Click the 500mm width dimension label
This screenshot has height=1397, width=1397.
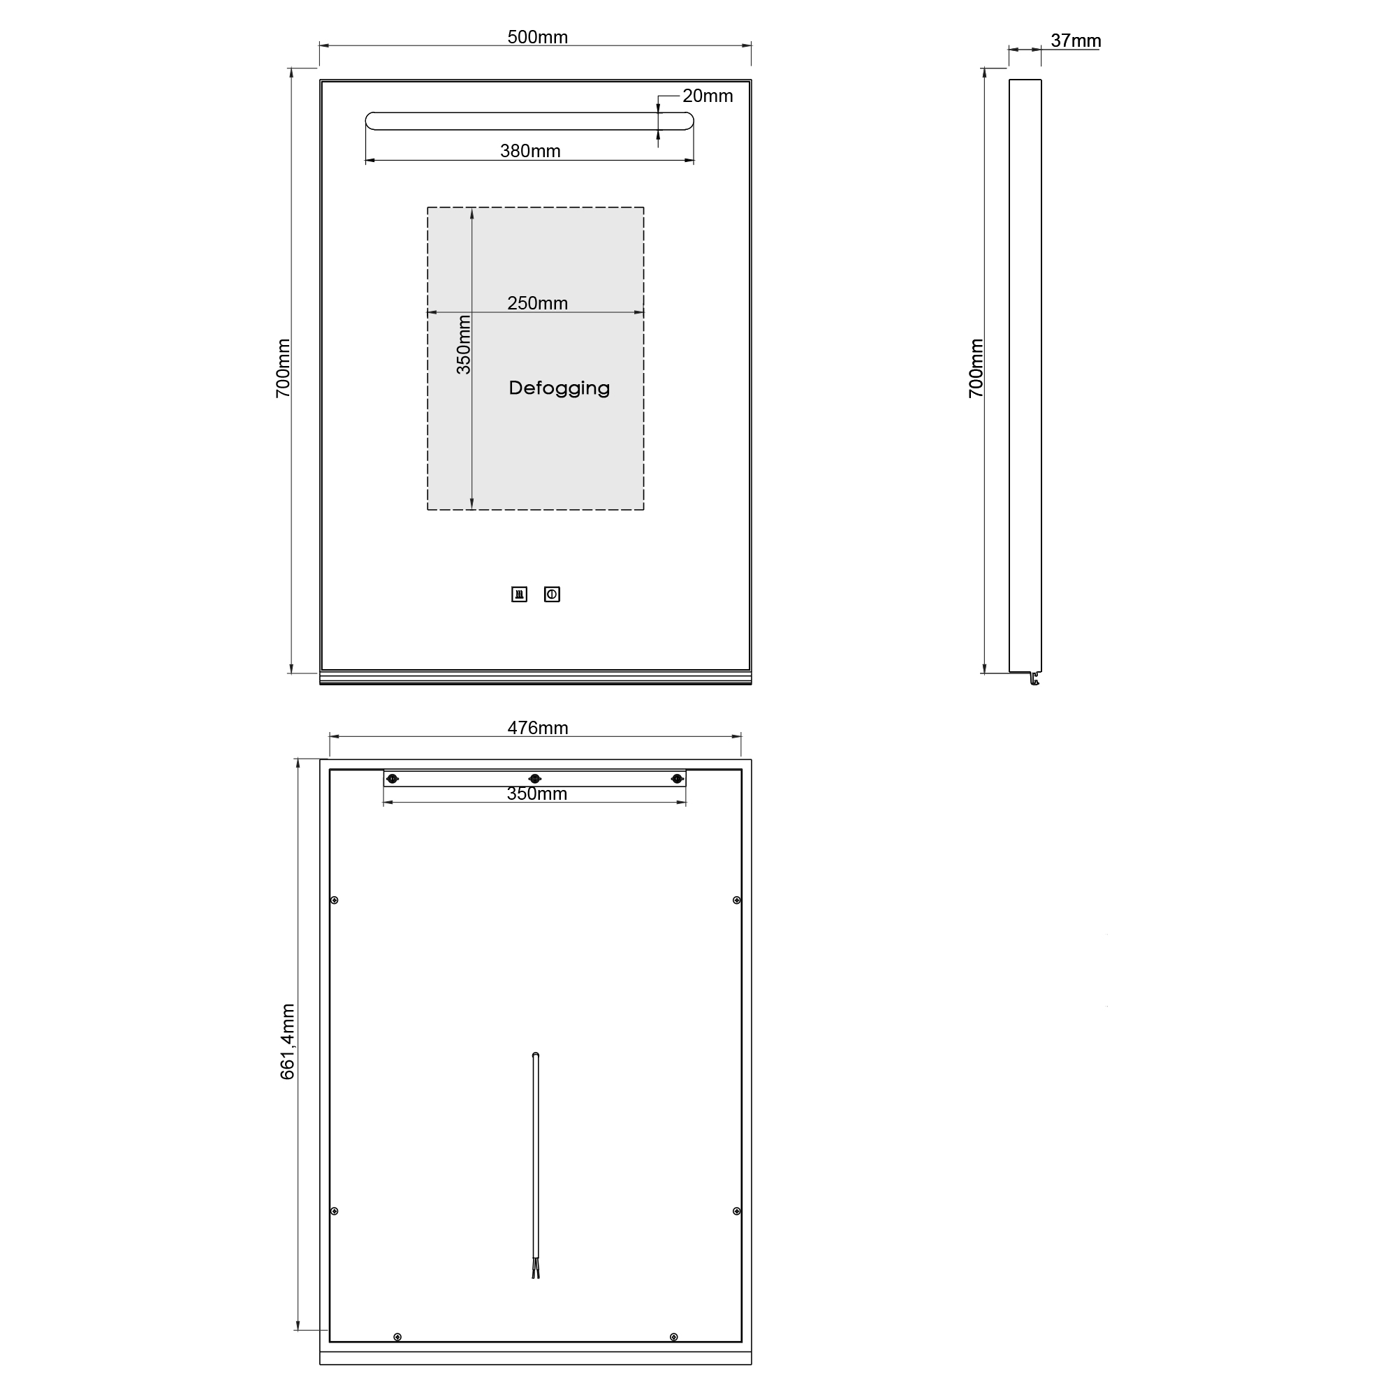tap(537, 37)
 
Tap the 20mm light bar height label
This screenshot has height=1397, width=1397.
tap(707, 96)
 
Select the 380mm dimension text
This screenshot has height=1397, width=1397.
tap(530, 150)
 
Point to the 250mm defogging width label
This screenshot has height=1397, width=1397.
tap(537, 303)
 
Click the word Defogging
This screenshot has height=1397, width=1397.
tap(559, 388)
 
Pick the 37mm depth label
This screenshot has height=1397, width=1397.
tap(1076, 41)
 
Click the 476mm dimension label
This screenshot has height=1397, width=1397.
tap(537, 727)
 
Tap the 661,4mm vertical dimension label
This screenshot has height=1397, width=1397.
tap(287, 1042)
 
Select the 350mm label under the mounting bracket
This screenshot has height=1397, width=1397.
tap(536, 793)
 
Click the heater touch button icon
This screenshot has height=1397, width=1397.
tap(519, 594)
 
